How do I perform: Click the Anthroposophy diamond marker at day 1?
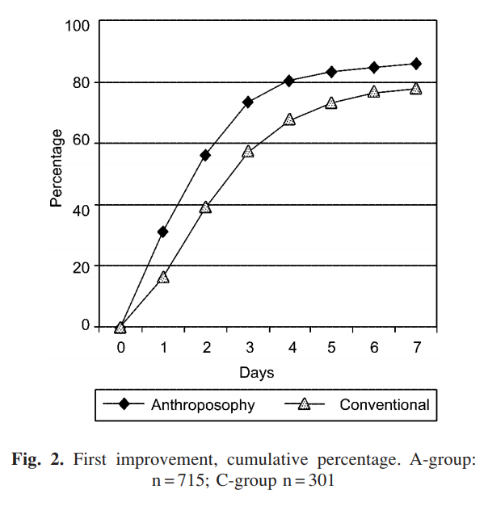pos(162,232)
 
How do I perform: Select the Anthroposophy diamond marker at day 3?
pos(247,102)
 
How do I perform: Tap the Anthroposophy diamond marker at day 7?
pos(416,63)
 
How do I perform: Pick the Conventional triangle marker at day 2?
pos(205,207)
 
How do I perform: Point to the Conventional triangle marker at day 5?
pos(331,103)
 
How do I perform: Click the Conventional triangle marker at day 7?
pos(416,89)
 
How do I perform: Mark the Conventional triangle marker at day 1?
pos(162,278)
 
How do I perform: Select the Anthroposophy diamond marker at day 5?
pos(331,71)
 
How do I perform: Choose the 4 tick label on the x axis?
pos(289,347)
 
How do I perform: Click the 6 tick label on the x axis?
pos(373,347)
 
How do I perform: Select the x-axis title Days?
pos(256,373)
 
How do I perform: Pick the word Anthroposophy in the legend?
pos(203,405)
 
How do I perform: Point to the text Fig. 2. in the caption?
pos(40,460)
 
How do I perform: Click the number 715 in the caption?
pos(181,480)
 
